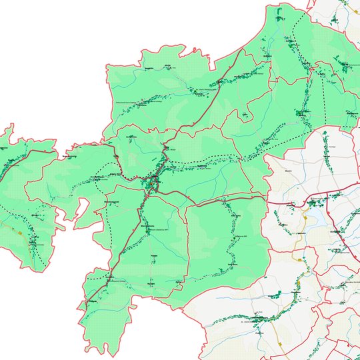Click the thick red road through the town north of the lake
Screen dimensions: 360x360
313,198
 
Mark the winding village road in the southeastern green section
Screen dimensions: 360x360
233,240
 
